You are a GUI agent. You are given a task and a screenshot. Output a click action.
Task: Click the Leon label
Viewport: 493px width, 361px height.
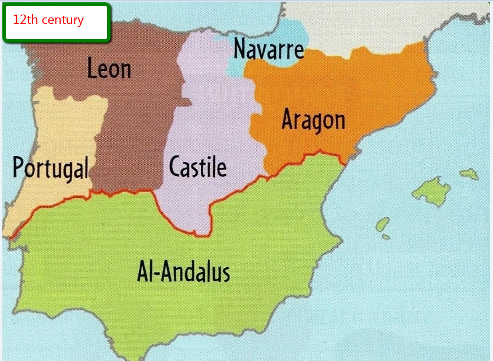[109, 69]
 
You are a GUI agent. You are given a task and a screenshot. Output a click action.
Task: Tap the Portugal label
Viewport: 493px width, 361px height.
[51, 168]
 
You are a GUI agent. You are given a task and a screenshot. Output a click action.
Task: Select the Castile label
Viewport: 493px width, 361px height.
[198, 168]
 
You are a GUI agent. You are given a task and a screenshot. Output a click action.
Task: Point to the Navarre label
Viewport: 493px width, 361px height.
[268, 49]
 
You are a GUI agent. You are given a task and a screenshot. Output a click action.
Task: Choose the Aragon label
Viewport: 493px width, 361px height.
[313, 120]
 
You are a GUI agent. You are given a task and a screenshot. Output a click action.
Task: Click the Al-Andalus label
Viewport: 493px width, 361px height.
[184, 272]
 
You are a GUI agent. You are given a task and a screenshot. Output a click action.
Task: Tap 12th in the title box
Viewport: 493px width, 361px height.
[24, 20]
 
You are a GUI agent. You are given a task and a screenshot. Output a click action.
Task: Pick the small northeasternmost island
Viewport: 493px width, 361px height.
[469, 174]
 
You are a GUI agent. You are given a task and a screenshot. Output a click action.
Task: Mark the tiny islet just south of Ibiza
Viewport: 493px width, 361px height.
[386, 237]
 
